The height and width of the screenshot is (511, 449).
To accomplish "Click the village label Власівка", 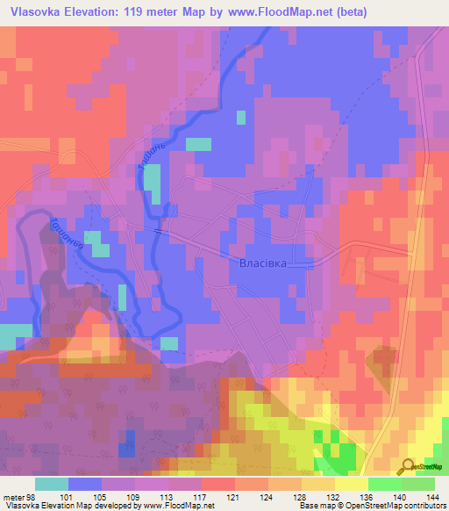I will (x=263, y=262).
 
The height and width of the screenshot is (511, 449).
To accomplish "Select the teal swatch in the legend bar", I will (x=52, y=485).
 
